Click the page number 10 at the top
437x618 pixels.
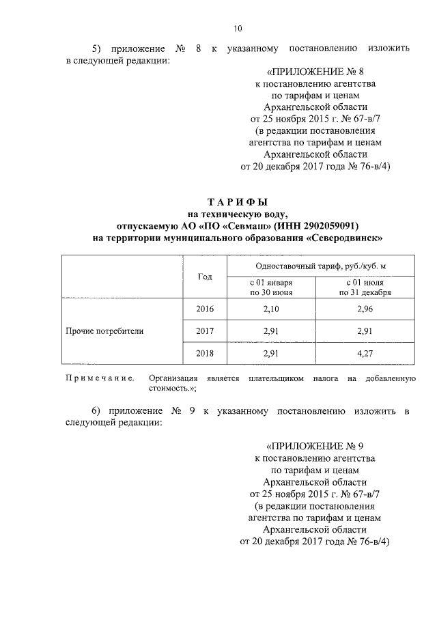click(237, 28)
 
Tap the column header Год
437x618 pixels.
click(205, 277)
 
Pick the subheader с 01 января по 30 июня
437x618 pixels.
click(271, 287)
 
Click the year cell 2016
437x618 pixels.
click(205, 309)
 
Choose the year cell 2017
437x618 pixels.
click(205, 331)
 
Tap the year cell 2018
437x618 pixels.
click(205, 354)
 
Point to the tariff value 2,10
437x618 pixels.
click(271, 309)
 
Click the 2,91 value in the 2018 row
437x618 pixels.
click(271, 354)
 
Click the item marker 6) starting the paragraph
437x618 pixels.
click(98, 412)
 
